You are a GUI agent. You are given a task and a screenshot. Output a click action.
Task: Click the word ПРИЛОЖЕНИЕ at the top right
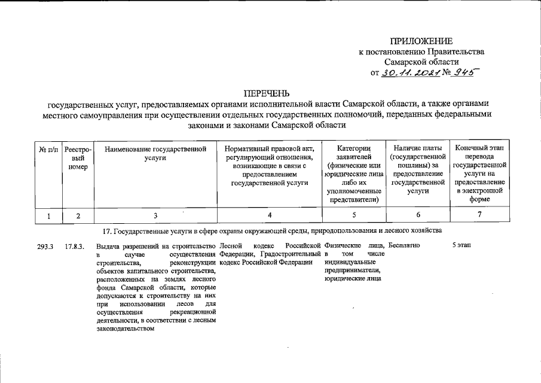(x=421, y=41)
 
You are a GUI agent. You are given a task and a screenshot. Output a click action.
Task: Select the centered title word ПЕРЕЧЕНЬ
(x=266, y=93)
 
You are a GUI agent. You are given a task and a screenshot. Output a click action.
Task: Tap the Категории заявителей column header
(x=354, y=174)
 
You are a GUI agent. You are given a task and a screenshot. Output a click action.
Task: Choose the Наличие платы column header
(x=418, y=169)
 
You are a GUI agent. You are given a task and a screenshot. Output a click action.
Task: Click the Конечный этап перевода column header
(x=481, y=174)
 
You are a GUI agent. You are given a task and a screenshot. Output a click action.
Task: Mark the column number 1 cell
(x=48, y=215)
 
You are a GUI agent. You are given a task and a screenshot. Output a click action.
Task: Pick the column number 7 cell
(x=481, y=215)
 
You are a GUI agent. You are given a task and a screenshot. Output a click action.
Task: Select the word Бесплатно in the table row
(x=404, y=245)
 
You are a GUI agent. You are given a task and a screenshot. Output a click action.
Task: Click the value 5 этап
(x=462, y=245)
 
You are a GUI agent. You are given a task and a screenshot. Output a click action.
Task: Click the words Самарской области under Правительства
(x=421, y=62)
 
